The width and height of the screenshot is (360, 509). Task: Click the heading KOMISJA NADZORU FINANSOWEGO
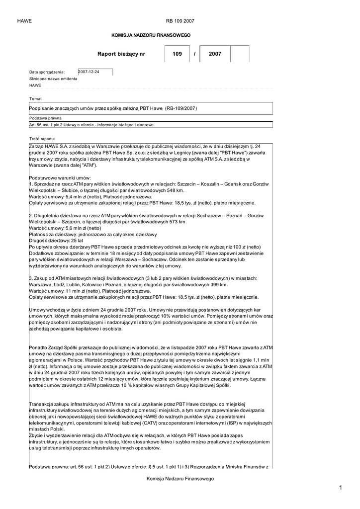click(x=150, y=35)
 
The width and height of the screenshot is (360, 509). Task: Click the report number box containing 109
click(x=177, y=54)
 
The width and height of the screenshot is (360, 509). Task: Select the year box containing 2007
click(x=215, y=54)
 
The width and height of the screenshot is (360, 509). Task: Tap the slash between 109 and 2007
click(x=194, y=54)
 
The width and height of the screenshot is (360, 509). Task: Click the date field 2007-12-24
click(x=95, y=72)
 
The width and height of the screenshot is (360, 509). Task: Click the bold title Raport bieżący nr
click(x=121, y=54)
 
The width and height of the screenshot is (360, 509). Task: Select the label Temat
click(x=36, y=98)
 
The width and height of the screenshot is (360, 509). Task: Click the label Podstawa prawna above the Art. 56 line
click(x=45, y=118)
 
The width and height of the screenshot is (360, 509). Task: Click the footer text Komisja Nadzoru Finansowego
click(x=180, y=478)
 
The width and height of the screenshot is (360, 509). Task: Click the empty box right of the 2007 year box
click(x=240, y=54)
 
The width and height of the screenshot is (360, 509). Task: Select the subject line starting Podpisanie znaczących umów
click(x=113, y=108)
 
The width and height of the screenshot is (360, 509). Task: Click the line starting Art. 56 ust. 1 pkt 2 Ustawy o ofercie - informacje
click(x=91, y=125)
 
